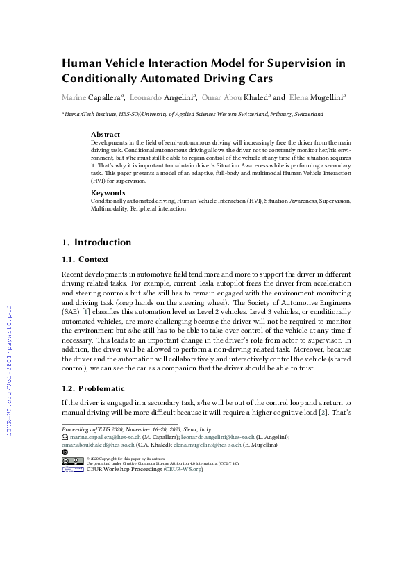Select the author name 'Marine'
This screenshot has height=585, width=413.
(76, 97)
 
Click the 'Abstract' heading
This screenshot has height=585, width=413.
(106, 134)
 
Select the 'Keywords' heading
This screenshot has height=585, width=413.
(108, 192)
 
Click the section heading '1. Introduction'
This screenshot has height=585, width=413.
(96, 242)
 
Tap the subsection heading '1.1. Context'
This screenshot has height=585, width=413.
(85, 259)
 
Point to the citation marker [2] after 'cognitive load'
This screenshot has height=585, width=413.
(322, 413)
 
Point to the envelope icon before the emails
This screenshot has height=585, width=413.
(65, 437)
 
